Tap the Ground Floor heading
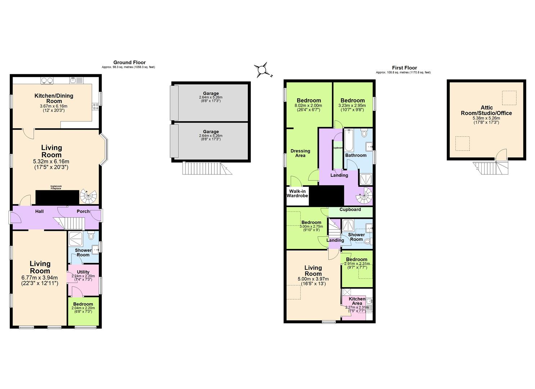(x=129, y=63)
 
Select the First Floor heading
(x=404, y=68)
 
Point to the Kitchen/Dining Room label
(x=54, y=98)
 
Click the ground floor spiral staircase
(x=88, y=197)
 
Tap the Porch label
(x=83, y=211)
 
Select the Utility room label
(x=83, y=272)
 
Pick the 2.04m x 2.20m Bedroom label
(x=83, y=304)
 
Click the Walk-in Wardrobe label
(x=297, y=193)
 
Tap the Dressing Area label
(x=300, y=153)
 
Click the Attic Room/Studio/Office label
(x=486, y=110)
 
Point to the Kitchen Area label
(x=357, y=301)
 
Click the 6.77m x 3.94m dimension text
(x=40, y=278)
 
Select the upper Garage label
(x=210, y=94)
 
